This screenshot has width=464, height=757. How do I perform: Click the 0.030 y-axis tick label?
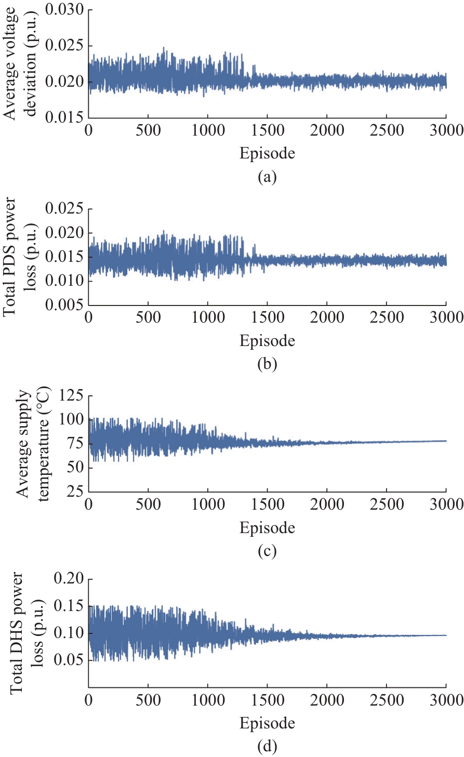pyautogui.click(x=64, y=10)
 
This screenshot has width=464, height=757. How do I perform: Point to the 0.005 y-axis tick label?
pyautogui.click(x=64, y=306)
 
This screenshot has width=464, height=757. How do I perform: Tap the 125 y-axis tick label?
pyautogui.click(x=72, y=395)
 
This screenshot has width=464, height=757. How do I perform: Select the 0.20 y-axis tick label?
pyautogui.click(x=69, y=579)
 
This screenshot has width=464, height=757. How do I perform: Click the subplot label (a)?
pyautogui.click(x=267, y=177)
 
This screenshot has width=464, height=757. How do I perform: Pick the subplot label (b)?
pyautogui.click(x=267, y=364)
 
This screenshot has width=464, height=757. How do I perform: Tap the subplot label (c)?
pyautogui.click(x=267, y=551)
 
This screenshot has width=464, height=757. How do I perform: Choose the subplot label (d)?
pyautogui.click(x=267, y=747)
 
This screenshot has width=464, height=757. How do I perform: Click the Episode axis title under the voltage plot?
pyautogui.click(x=267, y=153)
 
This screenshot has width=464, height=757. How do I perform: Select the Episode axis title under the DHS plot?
pyautogui.click(x=267, y=723)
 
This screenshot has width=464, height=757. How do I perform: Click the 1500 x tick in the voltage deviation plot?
pyautogui.click(x=267, y=130)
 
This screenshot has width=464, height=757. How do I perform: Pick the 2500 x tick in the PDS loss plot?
pyautogui.click(x=387, y=317)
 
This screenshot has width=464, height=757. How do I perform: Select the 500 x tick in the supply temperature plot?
pyautogui.click(x=148, y=504)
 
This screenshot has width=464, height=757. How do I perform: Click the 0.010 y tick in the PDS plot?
pyautogui.click(x=64, y=282)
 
